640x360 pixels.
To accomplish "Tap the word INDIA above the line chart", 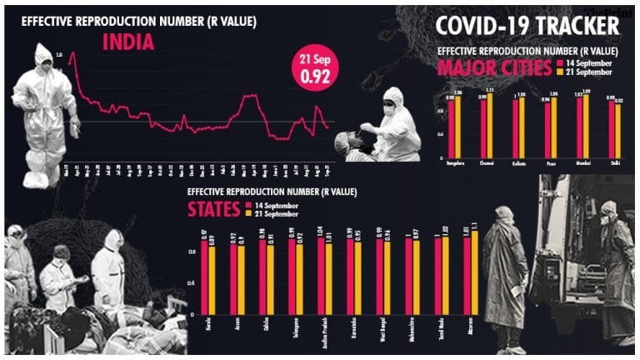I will (128, 42).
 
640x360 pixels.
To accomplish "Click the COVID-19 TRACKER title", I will (527, 25).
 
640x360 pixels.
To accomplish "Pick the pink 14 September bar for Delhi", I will (612, 129).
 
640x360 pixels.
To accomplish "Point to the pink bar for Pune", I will (547, 130).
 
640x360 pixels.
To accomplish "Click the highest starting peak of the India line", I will (72, 54).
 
